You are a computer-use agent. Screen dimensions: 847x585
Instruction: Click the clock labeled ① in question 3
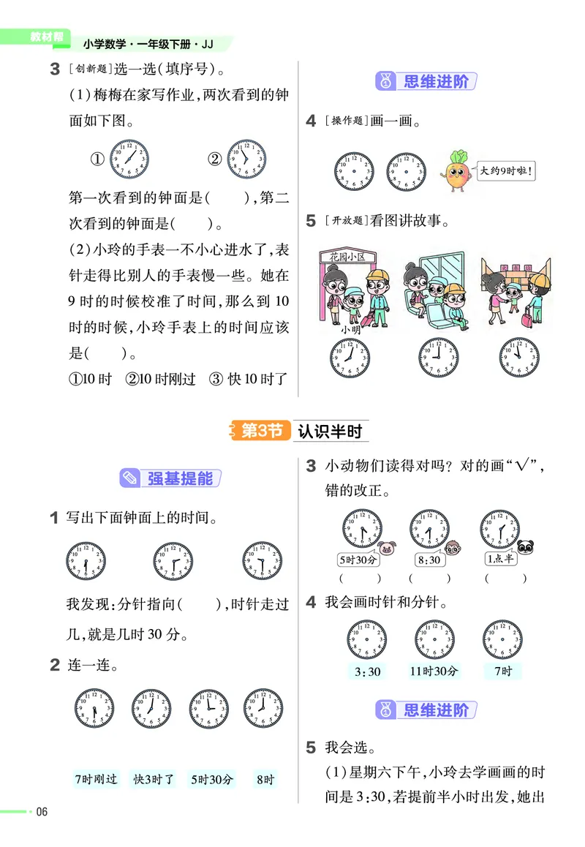129,159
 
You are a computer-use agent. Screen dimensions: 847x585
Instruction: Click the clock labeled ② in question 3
246,159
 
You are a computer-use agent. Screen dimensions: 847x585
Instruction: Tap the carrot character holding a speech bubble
457,173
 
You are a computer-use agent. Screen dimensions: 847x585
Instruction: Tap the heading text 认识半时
330,431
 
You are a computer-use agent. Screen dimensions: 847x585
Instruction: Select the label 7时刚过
97,779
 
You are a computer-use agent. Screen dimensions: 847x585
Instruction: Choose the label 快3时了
154,779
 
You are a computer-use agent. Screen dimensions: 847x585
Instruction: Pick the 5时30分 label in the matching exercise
212,779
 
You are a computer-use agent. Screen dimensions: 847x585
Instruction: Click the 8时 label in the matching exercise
265,779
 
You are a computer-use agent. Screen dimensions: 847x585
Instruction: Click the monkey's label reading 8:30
429,560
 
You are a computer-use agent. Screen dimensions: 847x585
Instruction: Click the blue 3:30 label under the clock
366,671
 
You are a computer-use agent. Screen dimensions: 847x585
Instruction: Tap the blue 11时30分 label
434,671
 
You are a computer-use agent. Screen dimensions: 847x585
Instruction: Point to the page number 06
42,812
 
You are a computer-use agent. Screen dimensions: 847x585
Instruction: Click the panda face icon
526,547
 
